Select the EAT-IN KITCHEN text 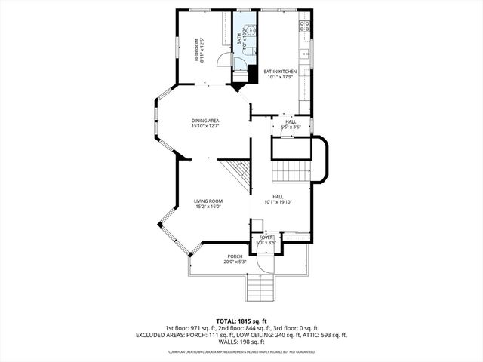click(280, 71)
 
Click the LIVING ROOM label click(208, 201)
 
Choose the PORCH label click(235, 256)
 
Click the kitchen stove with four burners click(305, 25)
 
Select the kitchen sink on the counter click(306, 54)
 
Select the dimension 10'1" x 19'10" click(278, 202)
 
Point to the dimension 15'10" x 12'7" click(205, 127)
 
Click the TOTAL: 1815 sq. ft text click(241, 321)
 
